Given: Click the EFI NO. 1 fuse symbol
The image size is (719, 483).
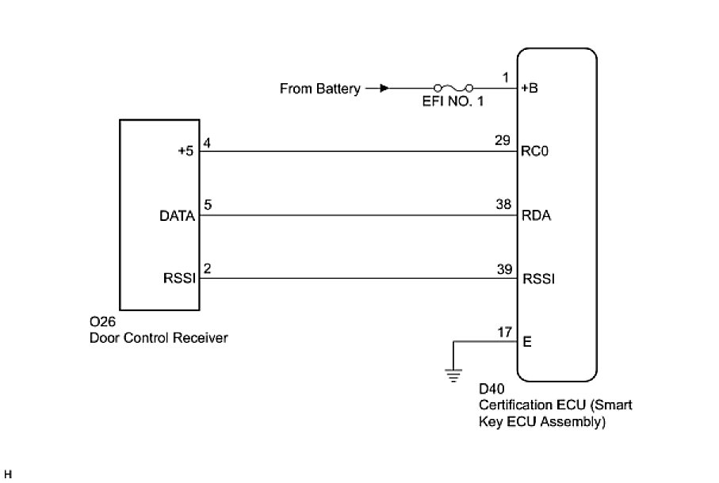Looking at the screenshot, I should click(x=453, y=88).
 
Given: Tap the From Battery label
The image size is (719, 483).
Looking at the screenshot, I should click(x=319, y=89).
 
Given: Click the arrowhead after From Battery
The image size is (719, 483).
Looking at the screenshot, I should click(x=384, y=89).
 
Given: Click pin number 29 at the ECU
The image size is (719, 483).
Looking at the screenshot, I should click(x=503, y=141).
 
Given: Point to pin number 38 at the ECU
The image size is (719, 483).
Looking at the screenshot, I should click(x=503, y=204).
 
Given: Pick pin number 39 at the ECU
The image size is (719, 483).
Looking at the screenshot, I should click(x=503, y=268).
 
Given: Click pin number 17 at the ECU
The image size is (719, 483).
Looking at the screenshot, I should click(x=503, y=332).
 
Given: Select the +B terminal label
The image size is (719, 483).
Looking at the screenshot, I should click(x=530, y=89).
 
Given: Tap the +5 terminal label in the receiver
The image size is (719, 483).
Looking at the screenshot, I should click(x=186, y=152).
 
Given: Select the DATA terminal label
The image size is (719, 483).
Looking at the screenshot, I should click(x=178, y=215).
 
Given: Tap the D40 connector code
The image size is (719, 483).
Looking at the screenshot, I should click(x=491, y=390).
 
